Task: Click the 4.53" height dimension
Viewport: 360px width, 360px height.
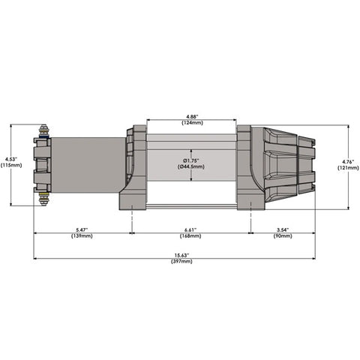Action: tap(10, 158)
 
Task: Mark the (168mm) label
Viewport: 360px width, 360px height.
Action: tap(192, 235)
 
